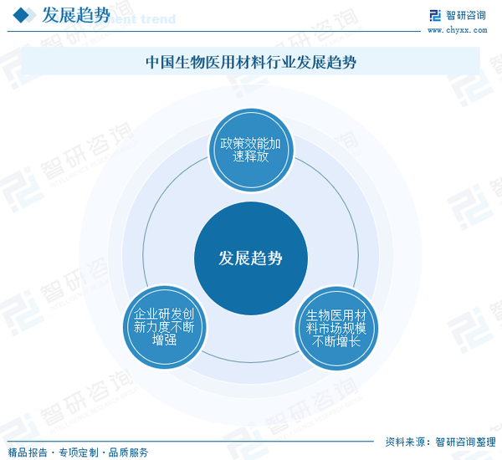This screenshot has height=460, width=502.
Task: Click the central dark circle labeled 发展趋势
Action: (x=251, y=258)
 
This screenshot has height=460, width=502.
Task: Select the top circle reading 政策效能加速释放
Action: (x=251, y=150)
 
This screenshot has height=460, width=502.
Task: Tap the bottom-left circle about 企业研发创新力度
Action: (x=165, y=327)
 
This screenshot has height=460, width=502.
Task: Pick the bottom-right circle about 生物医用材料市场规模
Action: (x=336, y=328)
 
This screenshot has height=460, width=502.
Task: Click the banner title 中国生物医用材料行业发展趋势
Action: (x=251, y=62)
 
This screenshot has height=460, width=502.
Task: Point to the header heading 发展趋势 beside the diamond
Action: (x=76, y=15)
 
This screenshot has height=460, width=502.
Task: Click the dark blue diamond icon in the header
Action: (x=21, y=15)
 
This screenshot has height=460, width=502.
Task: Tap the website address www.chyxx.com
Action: (x=457, y=30)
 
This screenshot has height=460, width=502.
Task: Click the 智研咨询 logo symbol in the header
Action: (x=435, y=15)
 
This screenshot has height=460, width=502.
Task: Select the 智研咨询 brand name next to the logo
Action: (x=466, y=15)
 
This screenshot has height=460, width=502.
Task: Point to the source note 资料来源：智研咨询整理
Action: (x=441, y=442)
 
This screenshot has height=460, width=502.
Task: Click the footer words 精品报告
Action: (x=28, y=452)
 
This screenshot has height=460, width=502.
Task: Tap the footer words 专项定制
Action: (x=79, y=452)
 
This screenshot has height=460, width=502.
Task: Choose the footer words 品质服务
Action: (x=128, y=452)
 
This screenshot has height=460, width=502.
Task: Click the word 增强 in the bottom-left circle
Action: (x=164, y=340)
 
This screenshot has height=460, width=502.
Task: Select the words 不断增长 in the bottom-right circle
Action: (x=336, y=341)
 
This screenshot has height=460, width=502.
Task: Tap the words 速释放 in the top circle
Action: (x=251, y=156)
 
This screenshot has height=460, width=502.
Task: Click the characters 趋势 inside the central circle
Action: (x=266, y=258)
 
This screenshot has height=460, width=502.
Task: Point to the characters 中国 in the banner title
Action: (x=160, y=62)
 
